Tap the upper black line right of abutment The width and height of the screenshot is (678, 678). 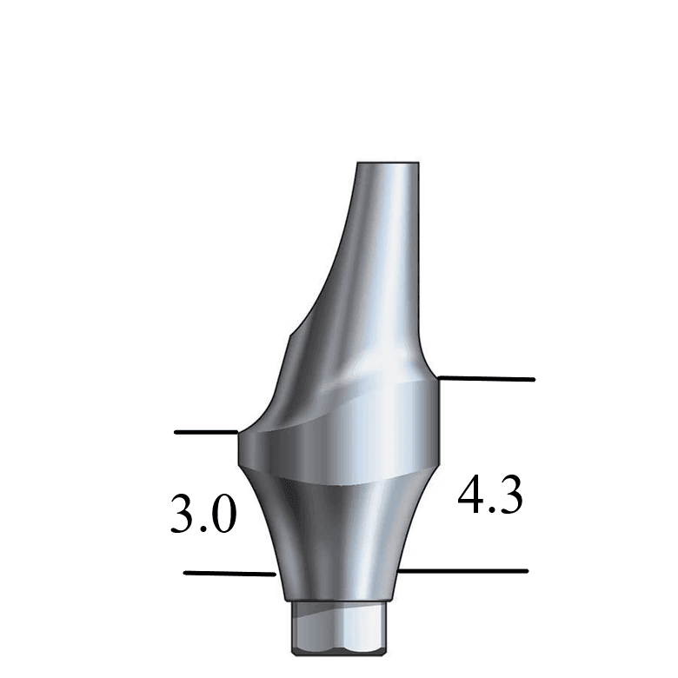[x=487, y=379]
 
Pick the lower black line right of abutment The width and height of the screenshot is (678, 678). [x=465, y=571]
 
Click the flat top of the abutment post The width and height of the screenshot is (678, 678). [x=389, y=164]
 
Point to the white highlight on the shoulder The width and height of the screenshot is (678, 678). [x=365, y=376]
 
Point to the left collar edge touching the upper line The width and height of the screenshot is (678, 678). [x=239, y=433]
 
